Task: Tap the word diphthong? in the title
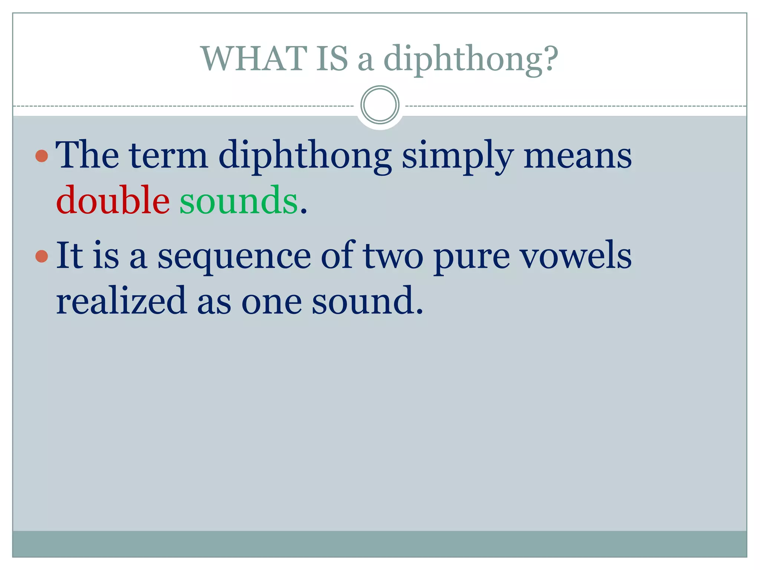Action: pos(471,59)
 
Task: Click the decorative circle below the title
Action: pos(380,105)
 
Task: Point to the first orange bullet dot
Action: pos(42,156)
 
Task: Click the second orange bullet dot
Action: pos(42,256)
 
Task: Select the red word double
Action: pos(113,200)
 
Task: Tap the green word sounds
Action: pos(238,200)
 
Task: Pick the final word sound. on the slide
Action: pos(367,301)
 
